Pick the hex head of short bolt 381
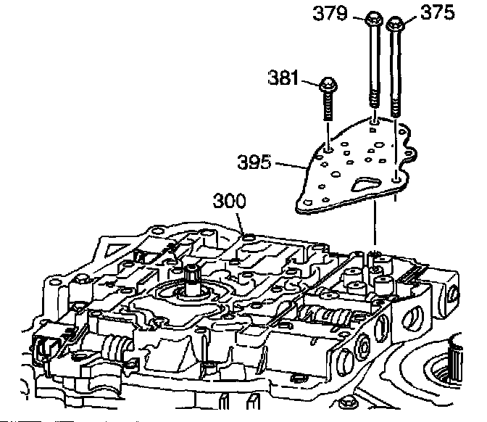click(x=328, y=85)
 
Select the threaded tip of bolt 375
click(x=396, y=109)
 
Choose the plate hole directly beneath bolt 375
click(x=396, y=175)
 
